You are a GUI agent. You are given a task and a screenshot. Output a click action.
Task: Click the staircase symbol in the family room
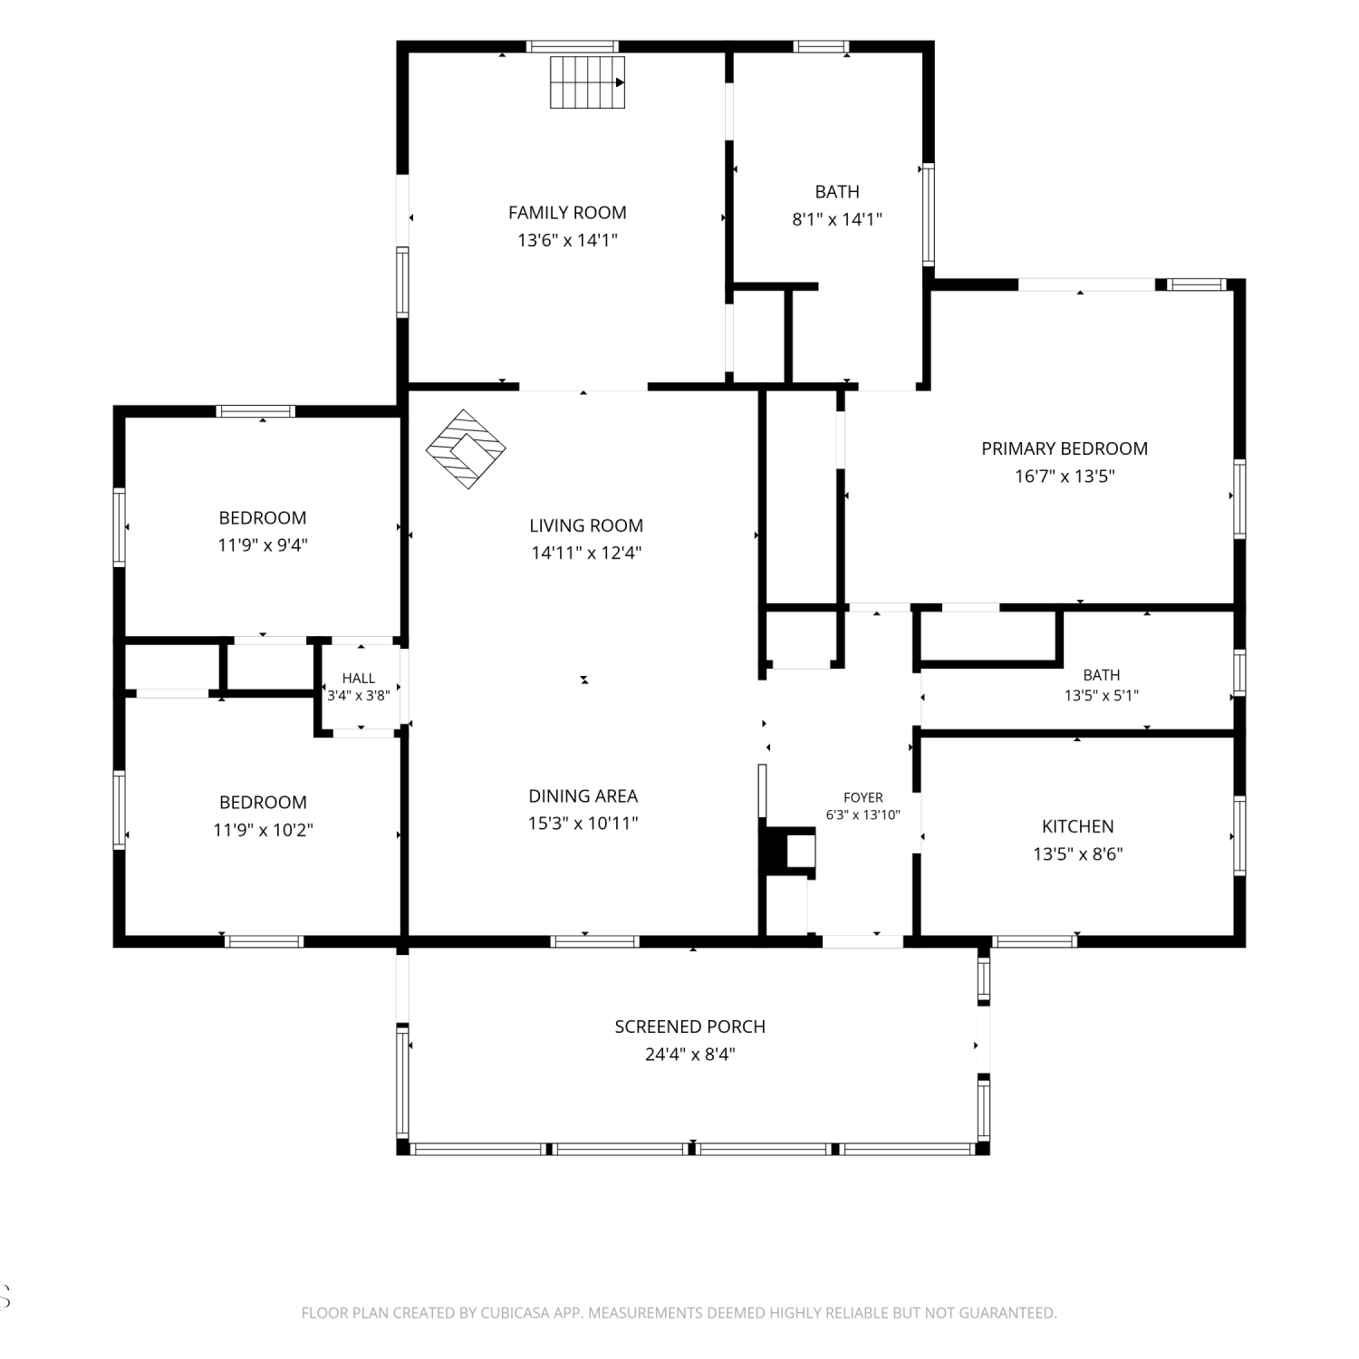coord(588,82)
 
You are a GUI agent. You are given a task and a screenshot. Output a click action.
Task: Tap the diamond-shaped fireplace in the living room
coord(466,449)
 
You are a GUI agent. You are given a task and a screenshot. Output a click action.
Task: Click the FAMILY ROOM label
coord(567,213)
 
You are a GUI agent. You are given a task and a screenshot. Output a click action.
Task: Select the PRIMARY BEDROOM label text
coord(1065,448)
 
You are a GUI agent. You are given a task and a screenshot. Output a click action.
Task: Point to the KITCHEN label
coord(1078,826)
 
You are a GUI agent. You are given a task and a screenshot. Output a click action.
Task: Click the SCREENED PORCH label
coord(690,1026)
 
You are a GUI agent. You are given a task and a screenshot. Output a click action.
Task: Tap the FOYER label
coord(863,798)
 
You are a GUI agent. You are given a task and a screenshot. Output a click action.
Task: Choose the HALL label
coord(359,679)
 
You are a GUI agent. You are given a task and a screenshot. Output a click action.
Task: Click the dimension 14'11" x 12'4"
coord(586,553)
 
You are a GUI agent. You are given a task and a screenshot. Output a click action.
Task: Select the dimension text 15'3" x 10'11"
coord(583,824)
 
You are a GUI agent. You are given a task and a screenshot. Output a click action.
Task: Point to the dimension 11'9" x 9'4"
coord(263,545)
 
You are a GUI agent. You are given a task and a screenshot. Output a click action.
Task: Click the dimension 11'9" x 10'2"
coord(263,830)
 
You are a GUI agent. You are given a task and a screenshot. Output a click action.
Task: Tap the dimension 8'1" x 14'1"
coord(837,219)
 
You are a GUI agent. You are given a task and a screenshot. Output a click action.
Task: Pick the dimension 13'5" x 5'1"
coord(1102,696)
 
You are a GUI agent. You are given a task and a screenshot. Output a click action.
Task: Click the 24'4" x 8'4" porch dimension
coord(690,1055)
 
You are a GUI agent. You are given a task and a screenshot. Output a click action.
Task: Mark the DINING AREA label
coord(583,796)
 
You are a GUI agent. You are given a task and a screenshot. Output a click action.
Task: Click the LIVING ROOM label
coord(586,525)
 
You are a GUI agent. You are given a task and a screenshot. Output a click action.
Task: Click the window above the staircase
coord(573,46)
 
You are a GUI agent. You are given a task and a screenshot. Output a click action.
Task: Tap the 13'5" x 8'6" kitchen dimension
coord(1078,854)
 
